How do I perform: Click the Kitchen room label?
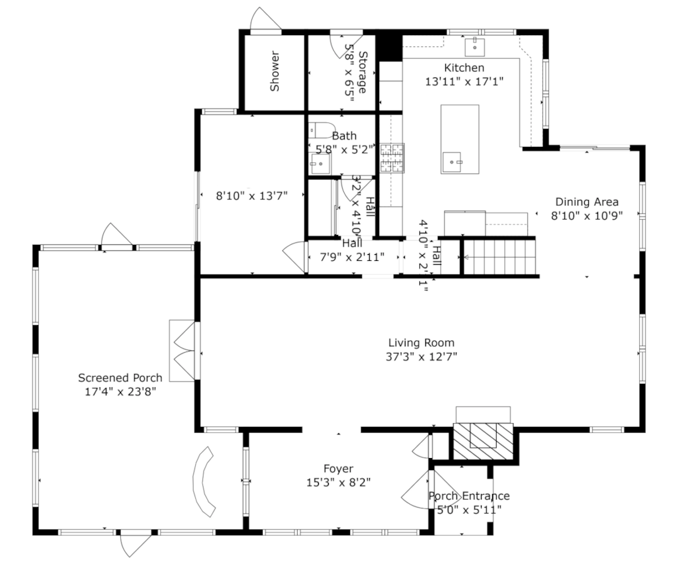464,68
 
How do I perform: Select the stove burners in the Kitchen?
392,158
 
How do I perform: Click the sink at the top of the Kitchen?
475,46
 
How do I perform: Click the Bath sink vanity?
320,163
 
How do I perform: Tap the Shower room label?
274,71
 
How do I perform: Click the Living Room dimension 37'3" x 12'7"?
422,356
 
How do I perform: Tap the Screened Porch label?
120,378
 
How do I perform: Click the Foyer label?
338,469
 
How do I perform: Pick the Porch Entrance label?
468,496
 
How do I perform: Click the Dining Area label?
586,202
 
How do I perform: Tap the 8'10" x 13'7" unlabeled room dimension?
251,195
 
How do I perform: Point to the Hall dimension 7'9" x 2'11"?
352,257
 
